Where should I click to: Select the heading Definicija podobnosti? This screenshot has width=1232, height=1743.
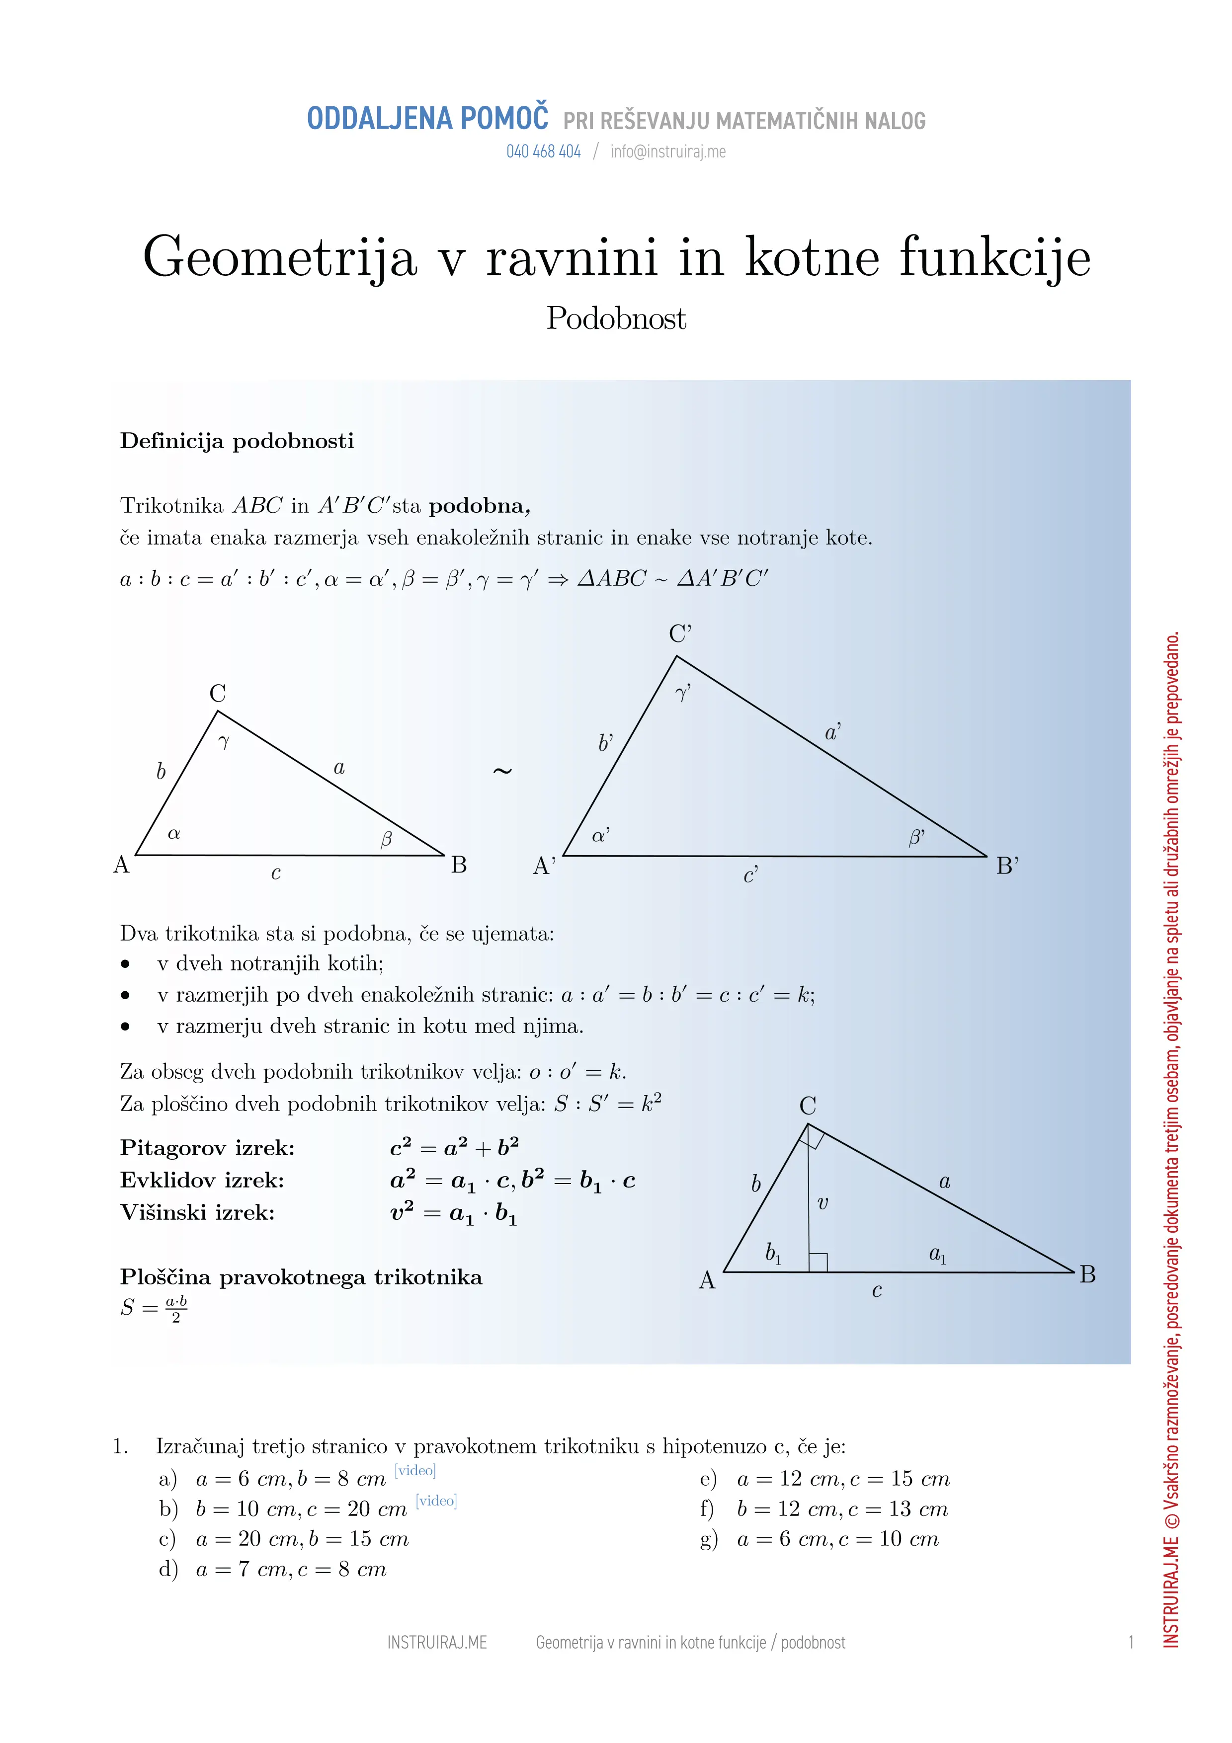[237, 441]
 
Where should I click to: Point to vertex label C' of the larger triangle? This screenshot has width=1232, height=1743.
[680, 634]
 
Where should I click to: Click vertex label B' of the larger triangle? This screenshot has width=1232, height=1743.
[1007, 866]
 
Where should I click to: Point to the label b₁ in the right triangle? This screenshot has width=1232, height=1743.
[773, 1254]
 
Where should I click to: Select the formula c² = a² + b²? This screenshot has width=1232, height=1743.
[454, 1148]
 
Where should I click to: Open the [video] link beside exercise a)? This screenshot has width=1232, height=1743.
[415, 1470]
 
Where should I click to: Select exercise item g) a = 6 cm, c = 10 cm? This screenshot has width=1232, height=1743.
[820, 1540]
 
